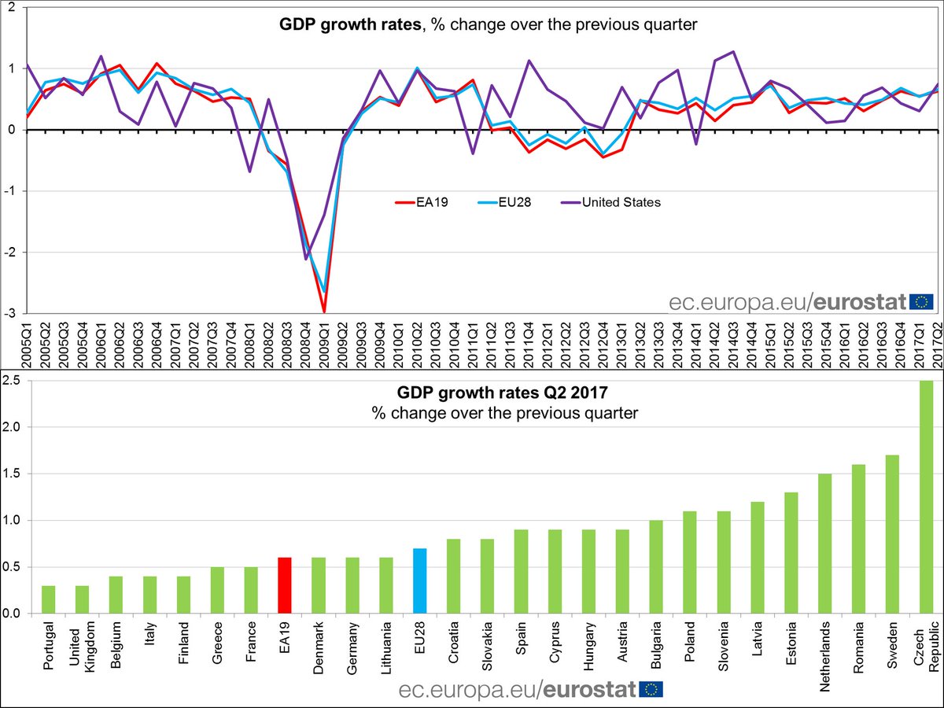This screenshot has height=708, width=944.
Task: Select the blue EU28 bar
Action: [x=419, y=581]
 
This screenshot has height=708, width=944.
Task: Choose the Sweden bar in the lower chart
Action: [x=892, y=534]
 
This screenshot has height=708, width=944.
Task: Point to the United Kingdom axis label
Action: [x=82, y=649]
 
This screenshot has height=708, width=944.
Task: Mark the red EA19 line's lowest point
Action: [x=324, y=312]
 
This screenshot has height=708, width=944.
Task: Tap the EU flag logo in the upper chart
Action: [x=921, y=301]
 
